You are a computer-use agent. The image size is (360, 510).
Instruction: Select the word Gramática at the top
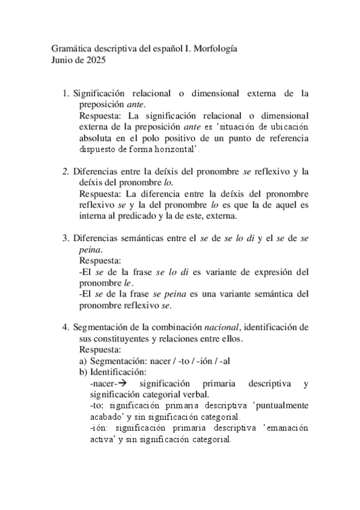click(66, 49)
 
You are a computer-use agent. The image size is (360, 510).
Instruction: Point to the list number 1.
click(66, 93)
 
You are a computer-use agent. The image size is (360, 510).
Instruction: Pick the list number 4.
click(66, 327)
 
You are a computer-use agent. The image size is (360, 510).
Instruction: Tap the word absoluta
click(97, 138)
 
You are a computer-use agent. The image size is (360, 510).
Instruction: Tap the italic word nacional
click(221, 327)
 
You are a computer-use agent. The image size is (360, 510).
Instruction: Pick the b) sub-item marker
click(83, 372)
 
